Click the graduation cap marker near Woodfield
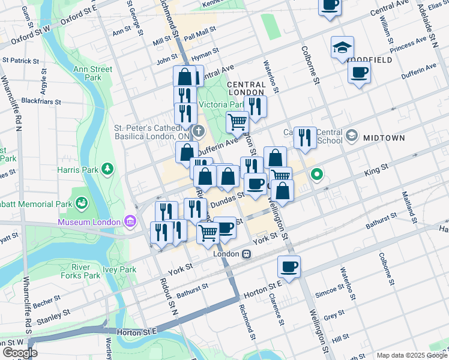coord(342,47)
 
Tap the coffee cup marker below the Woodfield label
coord(359,73)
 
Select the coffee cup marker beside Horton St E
coord(289,266)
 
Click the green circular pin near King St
coord(317,175)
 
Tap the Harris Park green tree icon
coord(107,169)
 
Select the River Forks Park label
coord(85,271)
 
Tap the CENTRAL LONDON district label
coord(246,88)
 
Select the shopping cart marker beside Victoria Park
coord(237,122)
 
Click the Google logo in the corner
coord(20,353)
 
